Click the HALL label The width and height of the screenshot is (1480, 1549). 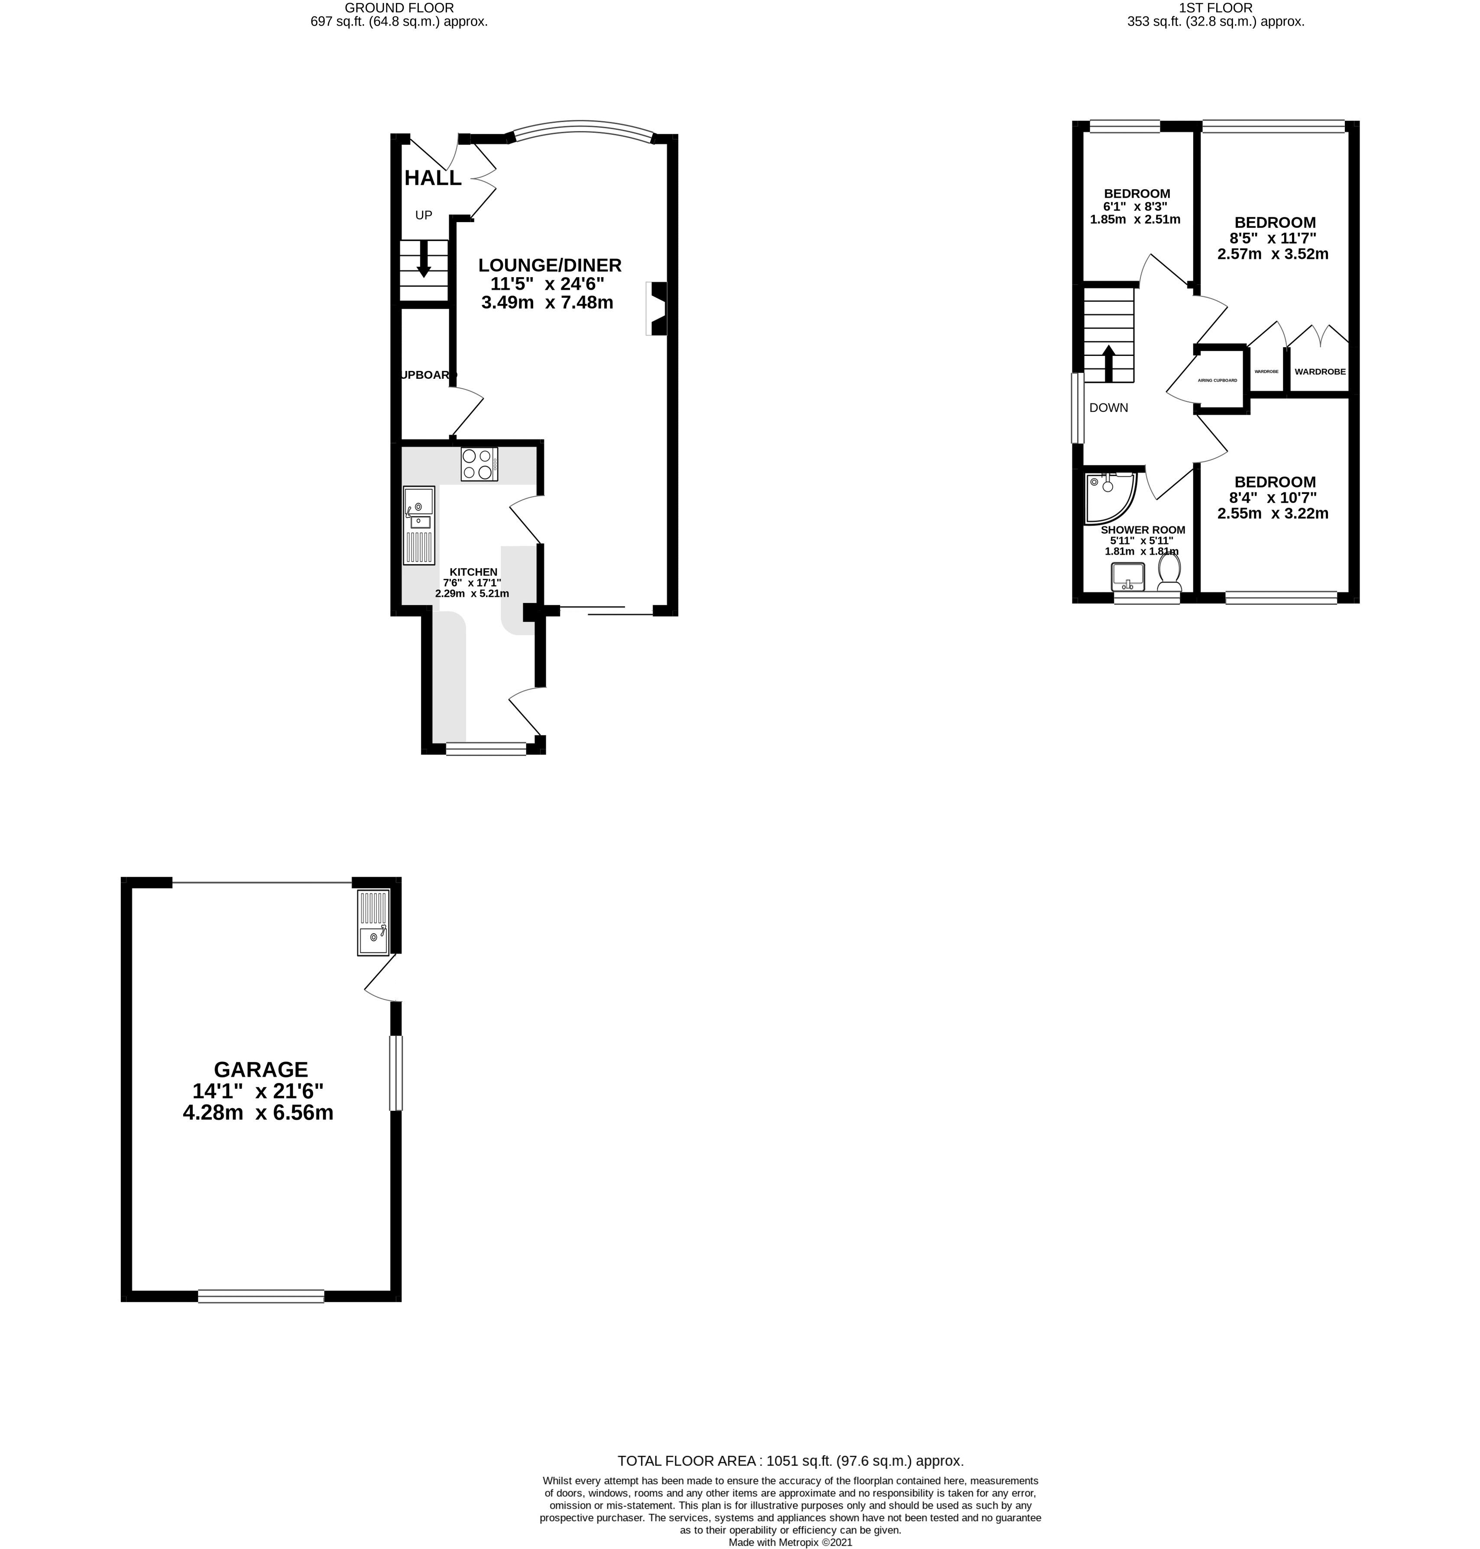pyautogui.click(x=432, y=178)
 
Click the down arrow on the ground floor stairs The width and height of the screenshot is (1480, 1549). pyautogui.click(x=424, y=259)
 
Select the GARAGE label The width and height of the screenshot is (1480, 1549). pyautogui.click(x=260, y=1069)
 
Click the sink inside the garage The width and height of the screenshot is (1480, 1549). pyautogui.click(x=374, y=922)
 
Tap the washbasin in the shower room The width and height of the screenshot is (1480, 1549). pyautogui.click(x=1129, y=577)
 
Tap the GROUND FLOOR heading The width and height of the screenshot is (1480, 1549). pyautogui.click(x=399, y=8)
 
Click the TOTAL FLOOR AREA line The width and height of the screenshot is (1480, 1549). pyautogui.click(x=790, y=1461)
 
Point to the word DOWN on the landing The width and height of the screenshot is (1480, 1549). pyautogui.click(x=1108, y=408)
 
